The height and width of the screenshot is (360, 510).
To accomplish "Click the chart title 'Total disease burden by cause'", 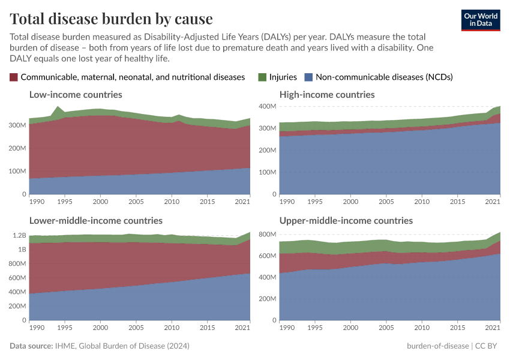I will click(x=111, y=19).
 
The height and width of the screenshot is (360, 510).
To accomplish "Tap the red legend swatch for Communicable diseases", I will click(x=14, y=77).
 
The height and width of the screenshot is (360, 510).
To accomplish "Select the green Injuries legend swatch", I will click(x=262, y=77).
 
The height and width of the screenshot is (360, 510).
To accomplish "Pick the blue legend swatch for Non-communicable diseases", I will click(x=308, y=77).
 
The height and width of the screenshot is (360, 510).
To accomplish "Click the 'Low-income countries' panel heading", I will click(x=76, y=95).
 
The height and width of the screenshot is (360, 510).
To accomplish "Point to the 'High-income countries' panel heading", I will click(x=327, y=95).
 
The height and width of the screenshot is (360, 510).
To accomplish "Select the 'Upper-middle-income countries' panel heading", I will click(x=346, y=221).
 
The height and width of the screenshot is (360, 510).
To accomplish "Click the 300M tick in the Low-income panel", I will click(x=19, y=125).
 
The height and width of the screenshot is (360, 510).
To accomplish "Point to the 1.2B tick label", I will click(x=19, y=235).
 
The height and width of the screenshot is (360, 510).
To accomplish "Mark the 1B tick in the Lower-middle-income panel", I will click(x=22, y=250).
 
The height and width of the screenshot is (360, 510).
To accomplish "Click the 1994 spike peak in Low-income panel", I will click(x=58, y=107).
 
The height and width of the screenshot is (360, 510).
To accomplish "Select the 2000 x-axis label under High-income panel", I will click(x=350, y=202).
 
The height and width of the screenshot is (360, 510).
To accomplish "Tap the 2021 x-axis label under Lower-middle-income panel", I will click(x=242, y=328).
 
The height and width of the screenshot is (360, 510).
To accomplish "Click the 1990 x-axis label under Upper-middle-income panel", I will click(x=287, y=328).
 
